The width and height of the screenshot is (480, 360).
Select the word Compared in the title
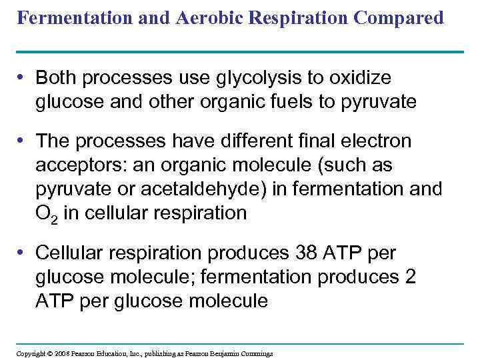(401, 18)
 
